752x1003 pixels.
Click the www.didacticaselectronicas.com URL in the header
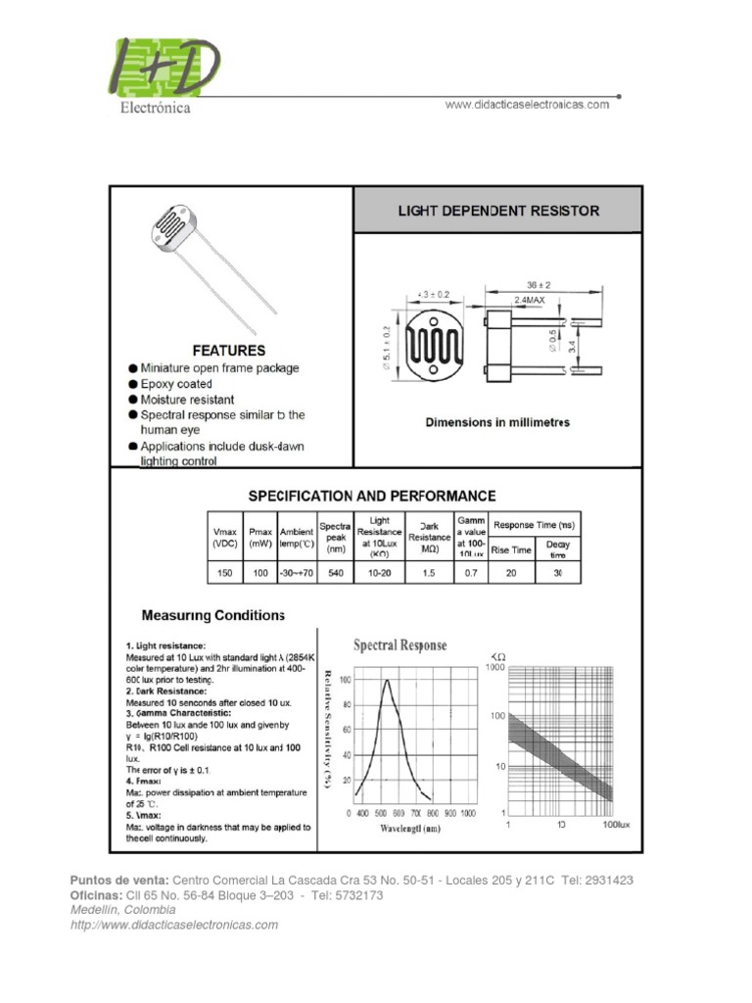[527, 105]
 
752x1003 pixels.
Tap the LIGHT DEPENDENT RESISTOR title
[497, 211]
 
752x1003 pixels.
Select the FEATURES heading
[228, 350]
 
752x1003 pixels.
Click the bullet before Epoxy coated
[132, 384]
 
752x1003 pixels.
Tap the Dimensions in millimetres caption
[497, 422]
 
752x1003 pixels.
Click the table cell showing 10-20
[379, 574]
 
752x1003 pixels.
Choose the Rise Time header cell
[510, 549]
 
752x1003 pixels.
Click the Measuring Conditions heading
[212, 615]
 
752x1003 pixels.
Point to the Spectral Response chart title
[399, 645]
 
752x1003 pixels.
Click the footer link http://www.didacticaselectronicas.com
[174, 925]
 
